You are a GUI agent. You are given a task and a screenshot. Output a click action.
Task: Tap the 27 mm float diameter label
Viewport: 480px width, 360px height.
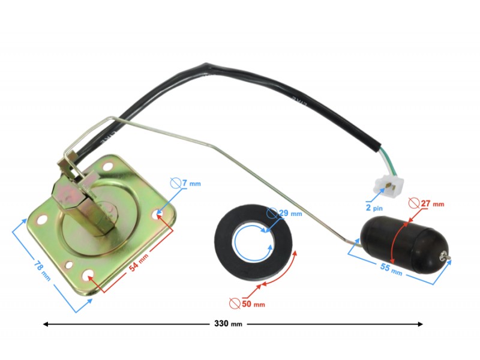click(x=432, y=204)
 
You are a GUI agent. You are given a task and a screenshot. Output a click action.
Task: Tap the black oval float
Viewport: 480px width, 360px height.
click(x=397, y=238)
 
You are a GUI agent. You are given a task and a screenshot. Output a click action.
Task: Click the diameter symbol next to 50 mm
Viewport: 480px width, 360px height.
click(x=235, y=304)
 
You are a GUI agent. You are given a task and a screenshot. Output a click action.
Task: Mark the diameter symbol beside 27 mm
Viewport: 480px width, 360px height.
click(x=413, y=203)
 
